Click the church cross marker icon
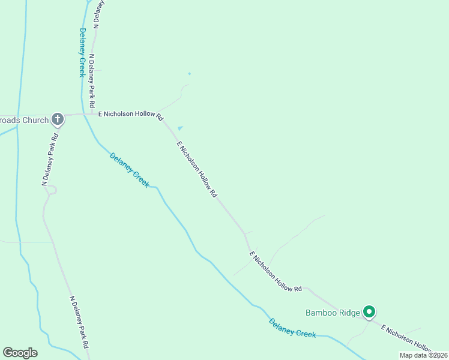(58, 119)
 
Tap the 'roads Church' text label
(25, 120)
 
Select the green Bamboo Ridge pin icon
(370, 311)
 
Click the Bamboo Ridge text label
(333, 313)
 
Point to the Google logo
(20, 353)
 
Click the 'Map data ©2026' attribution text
(423, 355)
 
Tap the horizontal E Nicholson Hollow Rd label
(131, 115)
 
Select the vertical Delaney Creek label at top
(82, 53)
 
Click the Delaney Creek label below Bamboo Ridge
(292, 328)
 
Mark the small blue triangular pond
(179, 128)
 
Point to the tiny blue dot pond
(189, 74)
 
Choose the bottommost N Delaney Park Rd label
(80, 323)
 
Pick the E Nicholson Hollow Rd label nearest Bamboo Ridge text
(276, 272)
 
